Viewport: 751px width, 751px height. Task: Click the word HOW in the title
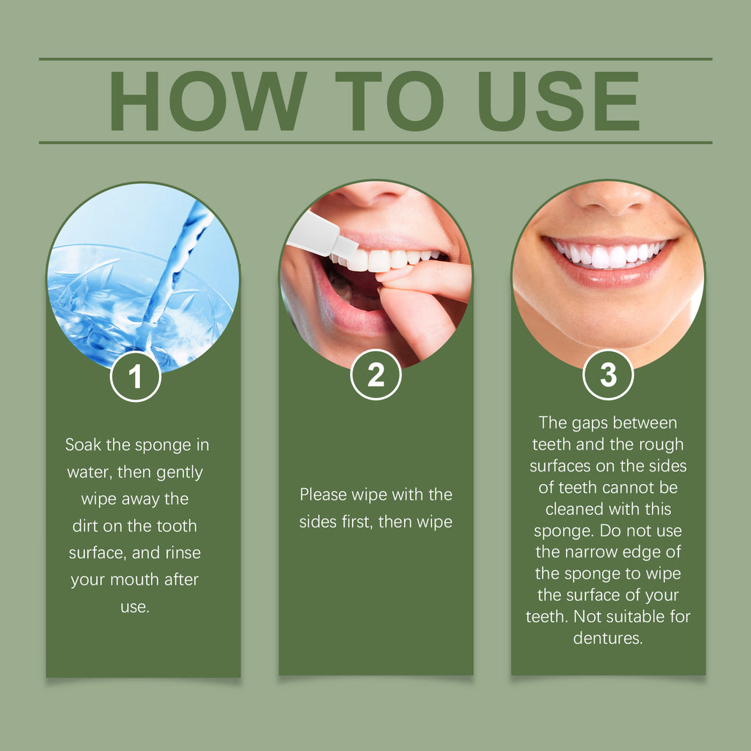208,101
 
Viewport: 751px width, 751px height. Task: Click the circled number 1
135,377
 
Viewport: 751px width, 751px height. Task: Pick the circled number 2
375,375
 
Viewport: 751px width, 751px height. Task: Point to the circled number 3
608,375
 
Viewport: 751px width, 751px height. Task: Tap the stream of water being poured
176,257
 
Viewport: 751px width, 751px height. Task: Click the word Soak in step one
82,444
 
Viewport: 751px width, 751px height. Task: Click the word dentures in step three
607,637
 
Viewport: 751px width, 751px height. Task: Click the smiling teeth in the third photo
609,254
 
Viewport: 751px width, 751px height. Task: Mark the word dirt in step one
87,526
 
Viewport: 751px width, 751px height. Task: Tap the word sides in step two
318,521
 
